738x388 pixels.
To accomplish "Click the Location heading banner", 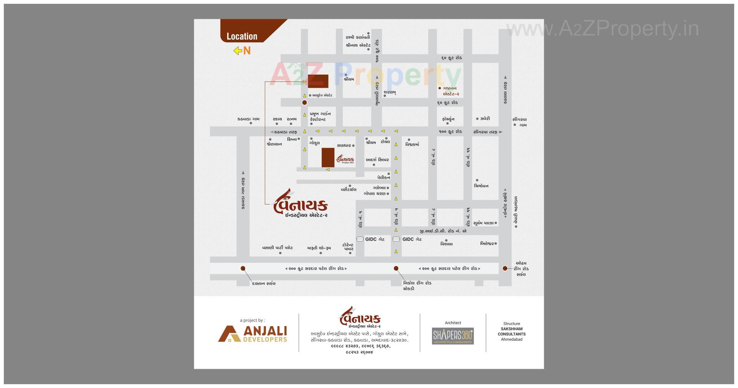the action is point(242,36).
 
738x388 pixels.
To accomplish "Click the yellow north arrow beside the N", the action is point(238,50).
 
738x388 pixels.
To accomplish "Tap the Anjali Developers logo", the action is point(253,334).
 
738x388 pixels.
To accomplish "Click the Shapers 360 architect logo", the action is point(453,336).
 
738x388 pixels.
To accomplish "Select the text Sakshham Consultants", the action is point(512,331).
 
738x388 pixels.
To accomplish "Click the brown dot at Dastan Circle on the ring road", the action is point(243,268).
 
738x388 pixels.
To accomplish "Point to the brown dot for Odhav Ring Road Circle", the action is point(505,268).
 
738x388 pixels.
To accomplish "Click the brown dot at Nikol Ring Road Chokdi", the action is point(396,268).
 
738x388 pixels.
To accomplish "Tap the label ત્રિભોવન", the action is point(481,186).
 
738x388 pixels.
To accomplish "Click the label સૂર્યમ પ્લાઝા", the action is point(483,223).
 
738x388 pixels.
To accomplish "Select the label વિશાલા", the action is point(446,244).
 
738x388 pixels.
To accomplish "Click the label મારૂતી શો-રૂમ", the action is point(319,248).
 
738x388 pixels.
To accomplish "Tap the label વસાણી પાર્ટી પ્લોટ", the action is point(277,248).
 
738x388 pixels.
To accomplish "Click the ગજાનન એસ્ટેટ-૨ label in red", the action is point(450,91).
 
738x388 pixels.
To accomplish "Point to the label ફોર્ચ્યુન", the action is point(448,119).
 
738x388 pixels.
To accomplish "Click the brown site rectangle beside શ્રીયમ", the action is point(318,81).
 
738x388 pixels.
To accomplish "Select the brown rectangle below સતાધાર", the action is point(328,157).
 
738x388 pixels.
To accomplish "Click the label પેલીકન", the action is point(383,177).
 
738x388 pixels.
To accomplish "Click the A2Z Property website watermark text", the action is point(602,29).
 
